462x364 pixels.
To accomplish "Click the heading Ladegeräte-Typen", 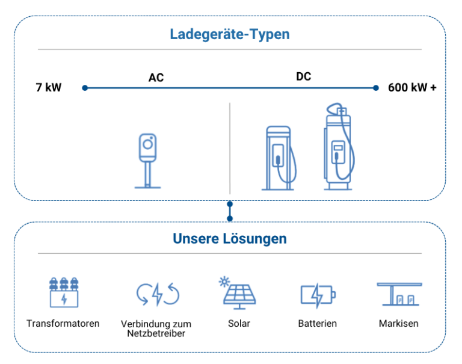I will coord(230,34).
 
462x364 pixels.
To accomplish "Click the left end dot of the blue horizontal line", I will coord(85,88).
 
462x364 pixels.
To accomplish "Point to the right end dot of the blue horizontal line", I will coord(376,88).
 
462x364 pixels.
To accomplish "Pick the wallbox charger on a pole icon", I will coord(148,156).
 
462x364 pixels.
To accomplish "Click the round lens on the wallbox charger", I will coord(147,144).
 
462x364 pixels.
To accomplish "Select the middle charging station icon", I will coord(279,148).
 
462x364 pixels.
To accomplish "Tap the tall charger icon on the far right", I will coord(342,146).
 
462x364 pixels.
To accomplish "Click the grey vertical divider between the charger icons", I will coord(230,144).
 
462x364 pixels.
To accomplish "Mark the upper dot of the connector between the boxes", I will coord(230,204).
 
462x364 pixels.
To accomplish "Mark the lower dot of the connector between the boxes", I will coord(230,218).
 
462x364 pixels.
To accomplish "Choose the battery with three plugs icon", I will coord(65,289).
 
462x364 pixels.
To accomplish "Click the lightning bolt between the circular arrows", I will coord(158,292).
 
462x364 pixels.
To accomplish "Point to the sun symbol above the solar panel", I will coord(225,281).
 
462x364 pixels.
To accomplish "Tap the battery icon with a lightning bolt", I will coord(319,295).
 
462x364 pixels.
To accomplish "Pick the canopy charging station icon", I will coord(398,289).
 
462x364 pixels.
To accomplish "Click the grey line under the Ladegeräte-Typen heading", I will coord(230,50).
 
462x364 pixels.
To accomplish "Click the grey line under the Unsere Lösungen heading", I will coord(230,254).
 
